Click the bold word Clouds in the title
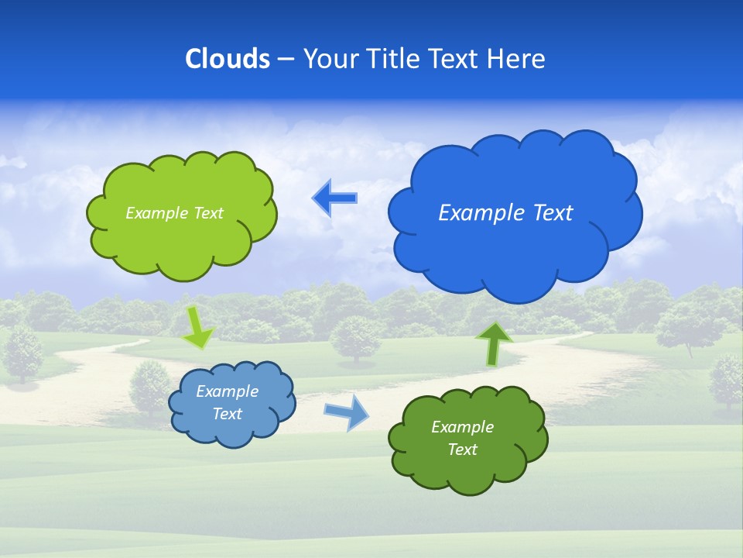click(228, 59)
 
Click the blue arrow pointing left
click(334, 198)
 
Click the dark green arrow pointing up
click(493, 343)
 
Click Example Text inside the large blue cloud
click(505, 213)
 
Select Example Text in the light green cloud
click(174, 213)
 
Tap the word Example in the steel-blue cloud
click(227, 391)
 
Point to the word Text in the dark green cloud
click(462, 449)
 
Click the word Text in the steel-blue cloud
click(227, 414)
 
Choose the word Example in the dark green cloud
click(462, 427)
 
